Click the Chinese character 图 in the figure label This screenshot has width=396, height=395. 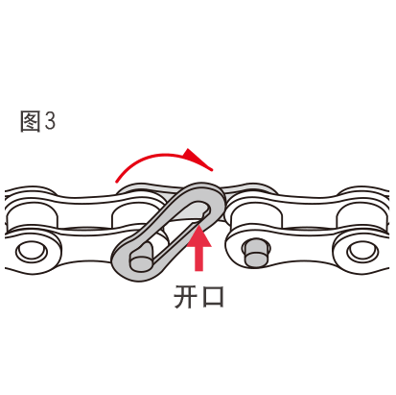[x=31, y=121]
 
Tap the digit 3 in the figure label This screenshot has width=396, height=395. [x=50, y=121]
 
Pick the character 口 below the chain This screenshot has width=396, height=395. [x=213, y=297]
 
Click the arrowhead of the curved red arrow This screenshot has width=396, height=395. [x=198, y=159]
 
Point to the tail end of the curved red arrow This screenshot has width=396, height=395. [x=117, y=181]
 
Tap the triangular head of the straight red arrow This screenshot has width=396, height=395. [x=198, y=235]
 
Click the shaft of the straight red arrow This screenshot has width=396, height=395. [x=198, y=259]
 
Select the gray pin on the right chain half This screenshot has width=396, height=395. [x=256, y=252]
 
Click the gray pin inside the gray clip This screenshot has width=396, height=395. [x=141, y=259]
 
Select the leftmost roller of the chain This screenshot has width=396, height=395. [x=32, y=216]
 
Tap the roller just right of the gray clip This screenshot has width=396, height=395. [x=256, y=216]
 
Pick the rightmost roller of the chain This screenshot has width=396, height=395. [x=362, y=216]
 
